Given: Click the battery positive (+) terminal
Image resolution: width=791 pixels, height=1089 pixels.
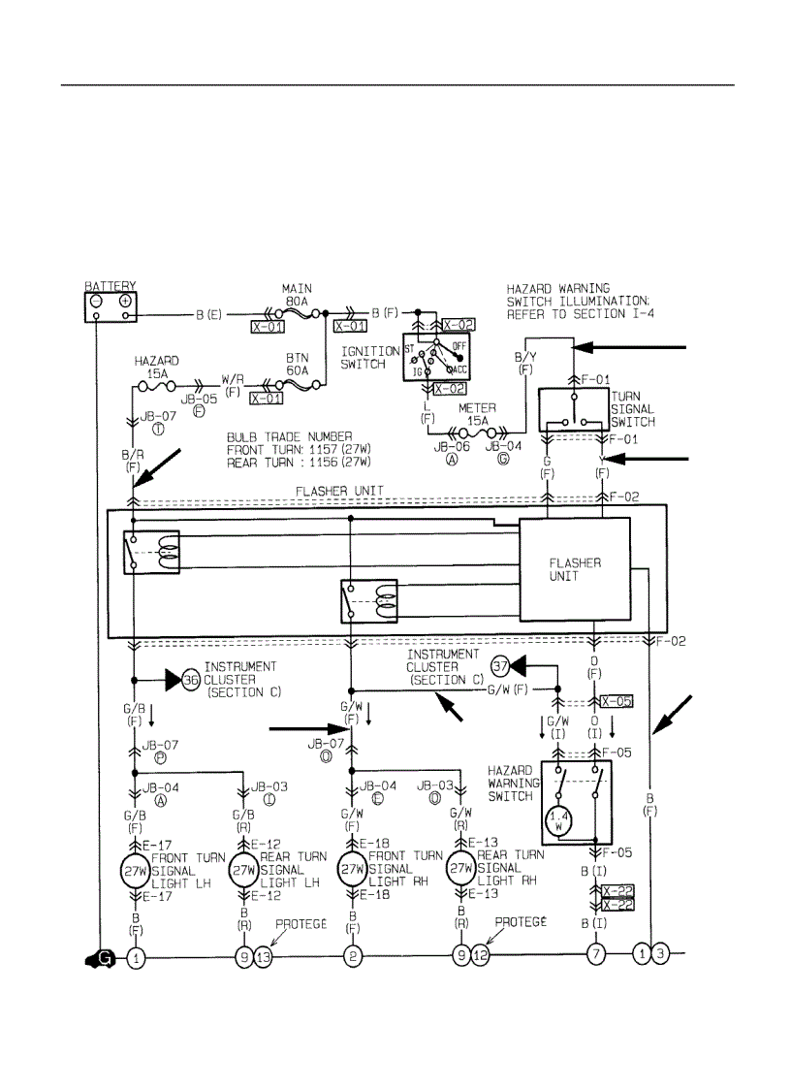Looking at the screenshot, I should click(x=125, y=302).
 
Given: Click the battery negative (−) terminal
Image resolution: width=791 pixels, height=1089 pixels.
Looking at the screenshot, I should click(x=96, y=302).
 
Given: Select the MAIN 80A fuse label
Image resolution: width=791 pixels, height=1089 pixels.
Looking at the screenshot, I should click(x=297, y=295).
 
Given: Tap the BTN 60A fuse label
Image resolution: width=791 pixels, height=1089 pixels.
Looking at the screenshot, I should click(x=297, y=364).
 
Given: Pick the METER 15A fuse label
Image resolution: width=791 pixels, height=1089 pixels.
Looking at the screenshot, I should click(x=481, y=413).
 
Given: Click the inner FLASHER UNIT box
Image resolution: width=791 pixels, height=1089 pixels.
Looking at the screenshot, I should click(x=575, y=569).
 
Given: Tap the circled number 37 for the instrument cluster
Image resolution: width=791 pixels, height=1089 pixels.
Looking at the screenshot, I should click(x=499, y=666).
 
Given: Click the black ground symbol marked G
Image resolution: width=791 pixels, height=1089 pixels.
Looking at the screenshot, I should click(x=101, y=958).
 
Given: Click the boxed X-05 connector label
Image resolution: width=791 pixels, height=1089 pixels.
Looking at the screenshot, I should click(x=617, y=701).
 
